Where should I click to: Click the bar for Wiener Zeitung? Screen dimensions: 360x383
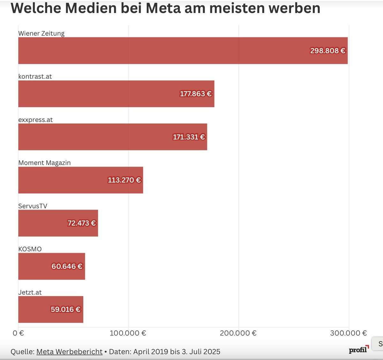tap(160, 50)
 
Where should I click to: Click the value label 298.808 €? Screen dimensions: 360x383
tap(328, 51)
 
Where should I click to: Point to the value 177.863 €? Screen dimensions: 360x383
tap(196, 94)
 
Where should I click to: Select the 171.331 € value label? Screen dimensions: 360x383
tap(189, 137)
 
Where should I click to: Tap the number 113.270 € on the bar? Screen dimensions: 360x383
tap(124, 180)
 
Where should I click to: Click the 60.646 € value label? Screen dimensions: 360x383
tap(67, 266)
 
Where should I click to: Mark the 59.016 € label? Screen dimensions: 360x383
tap(66, 309)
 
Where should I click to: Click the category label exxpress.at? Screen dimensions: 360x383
tap(35, 120)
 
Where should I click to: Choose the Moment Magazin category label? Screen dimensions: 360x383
tap(44, 163)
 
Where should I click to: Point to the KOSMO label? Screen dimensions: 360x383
tap(30, 249)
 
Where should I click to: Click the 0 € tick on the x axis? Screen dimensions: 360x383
tap(18, 333)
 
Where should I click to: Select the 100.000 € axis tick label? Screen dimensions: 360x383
tap(128, 333)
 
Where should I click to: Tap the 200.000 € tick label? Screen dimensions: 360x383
tap(238, 333)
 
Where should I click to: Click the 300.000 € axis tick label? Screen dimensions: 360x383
tap(349, 333)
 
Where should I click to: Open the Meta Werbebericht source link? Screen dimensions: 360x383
tap(69, 352)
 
